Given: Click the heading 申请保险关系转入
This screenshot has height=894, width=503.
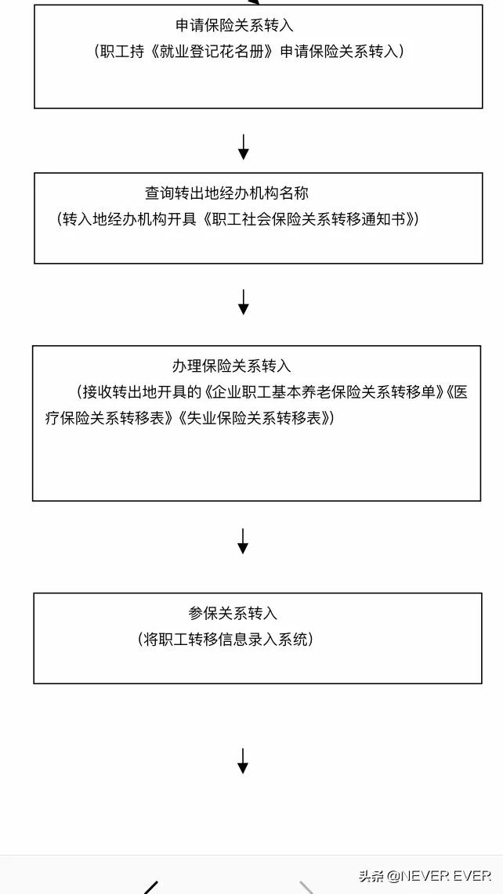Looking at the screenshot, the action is click(x=235, y=26).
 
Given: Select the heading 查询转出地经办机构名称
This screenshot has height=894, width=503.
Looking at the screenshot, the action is click(x=226, y=193).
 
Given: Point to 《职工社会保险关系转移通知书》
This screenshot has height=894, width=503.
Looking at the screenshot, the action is click(x=309, y=219).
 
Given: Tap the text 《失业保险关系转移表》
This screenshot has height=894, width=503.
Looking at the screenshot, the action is click(x=255, y=419).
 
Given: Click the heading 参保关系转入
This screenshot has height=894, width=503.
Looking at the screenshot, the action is click(x=233, y=614).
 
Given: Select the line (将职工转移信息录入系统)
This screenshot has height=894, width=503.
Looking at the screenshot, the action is click(x=226, y=640).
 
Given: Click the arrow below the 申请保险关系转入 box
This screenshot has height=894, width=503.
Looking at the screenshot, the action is click(x=243, y=147).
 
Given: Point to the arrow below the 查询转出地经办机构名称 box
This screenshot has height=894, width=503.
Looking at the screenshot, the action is click(x=243, y=302).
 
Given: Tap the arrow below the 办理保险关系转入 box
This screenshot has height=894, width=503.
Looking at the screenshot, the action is click(x=243, y=541).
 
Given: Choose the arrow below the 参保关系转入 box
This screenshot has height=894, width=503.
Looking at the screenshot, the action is click(x=243, y=761).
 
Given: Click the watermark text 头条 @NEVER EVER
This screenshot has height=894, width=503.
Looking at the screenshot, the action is click(x=425, y=875).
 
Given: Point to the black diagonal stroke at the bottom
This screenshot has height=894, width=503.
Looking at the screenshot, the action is click(x=150, y=888).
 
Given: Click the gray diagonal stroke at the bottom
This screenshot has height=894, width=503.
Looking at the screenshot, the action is click(x=307, y=888).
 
